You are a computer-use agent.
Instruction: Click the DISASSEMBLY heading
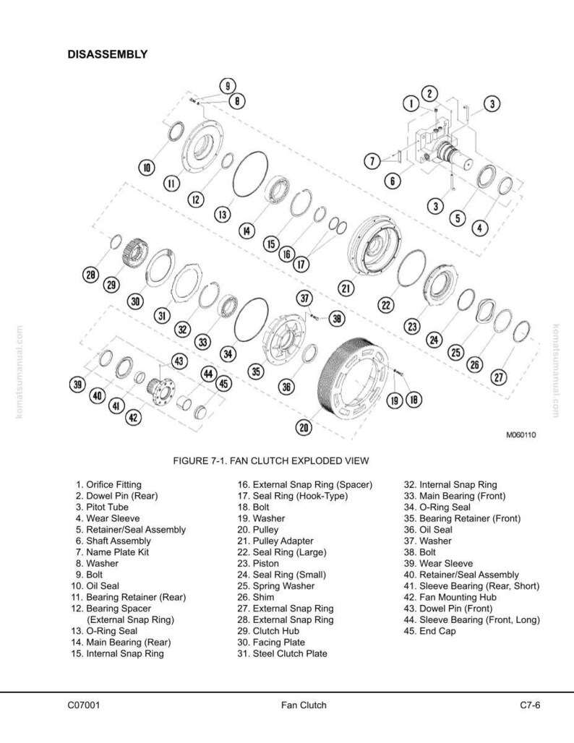tap(108, 54)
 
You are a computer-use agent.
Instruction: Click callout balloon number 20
tap(304, 428)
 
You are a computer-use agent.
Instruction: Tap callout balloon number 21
tap(346, 288)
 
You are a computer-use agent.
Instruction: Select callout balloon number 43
tap(179, 361)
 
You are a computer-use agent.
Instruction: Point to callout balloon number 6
tap(393, 181)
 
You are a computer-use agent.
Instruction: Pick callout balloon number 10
tap(147, 167)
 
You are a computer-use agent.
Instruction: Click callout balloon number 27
tap(499, 377)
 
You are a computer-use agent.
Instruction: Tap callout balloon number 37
tap(305, 299)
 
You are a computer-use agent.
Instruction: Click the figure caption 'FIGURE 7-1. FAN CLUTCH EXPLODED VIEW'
tap(270, 460)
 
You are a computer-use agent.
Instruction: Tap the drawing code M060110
tap(521, 434)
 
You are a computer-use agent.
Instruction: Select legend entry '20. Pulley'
tap(258, 530)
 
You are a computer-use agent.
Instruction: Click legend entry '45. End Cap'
tap(429, 631)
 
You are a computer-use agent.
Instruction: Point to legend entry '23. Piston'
tap(258, 564)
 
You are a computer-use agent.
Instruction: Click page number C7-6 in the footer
tap(530, 705)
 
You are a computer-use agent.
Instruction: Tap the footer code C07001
tap(84, 705)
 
